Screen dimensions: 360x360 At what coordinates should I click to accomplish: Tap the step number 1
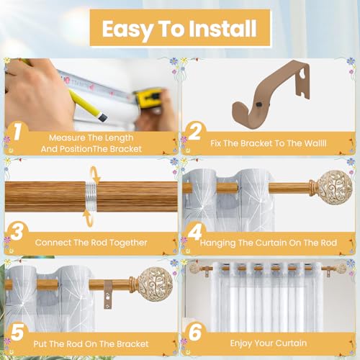tap(17, 131)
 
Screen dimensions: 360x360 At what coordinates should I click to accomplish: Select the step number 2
tap(194, 131)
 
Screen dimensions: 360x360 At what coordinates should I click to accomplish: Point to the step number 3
tap(17, 232)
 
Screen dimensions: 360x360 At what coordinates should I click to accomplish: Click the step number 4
tap(195, 232)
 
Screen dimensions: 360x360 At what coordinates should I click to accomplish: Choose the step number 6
tap(195, 332)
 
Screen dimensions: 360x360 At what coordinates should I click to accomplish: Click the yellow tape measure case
tap(147, 99)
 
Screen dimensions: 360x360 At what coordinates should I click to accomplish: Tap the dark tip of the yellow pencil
tap(103, 117)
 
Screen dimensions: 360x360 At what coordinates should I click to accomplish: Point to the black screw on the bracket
tap(258, 104)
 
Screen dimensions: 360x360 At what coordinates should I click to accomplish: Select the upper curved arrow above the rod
tap(96, 175)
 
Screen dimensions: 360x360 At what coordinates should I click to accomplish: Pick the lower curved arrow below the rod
tap(88, 218)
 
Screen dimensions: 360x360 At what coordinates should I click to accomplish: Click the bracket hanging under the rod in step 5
tap(108, 294)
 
